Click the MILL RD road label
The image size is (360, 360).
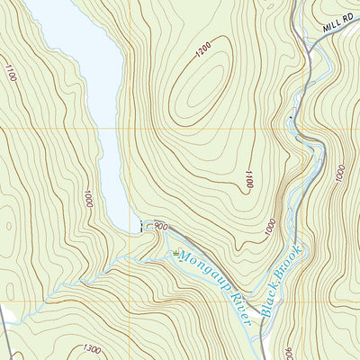pyautogui.click(x=338, y=32)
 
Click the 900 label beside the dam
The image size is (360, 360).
pyautogui.click(x=160, y=227)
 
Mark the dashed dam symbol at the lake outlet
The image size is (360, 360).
pyautogui.click(x=140, y=226)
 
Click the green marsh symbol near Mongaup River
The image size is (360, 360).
pyautogui.click(x=176, y=252)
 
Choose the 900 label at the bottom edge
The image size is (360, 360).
pyautogui.click(x=287, y=353)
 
